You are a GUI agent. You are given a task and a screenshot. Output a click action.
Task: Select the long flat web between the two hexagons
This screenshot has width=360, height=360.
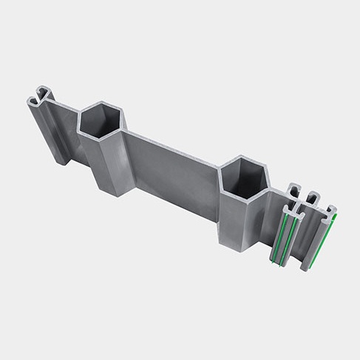pyautogui.click(x=174, y=170)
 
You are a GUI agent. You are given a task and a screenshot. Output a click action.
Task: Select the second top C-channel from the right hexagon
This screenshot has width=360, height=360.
pyautogui.click(x=313, y=199)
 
